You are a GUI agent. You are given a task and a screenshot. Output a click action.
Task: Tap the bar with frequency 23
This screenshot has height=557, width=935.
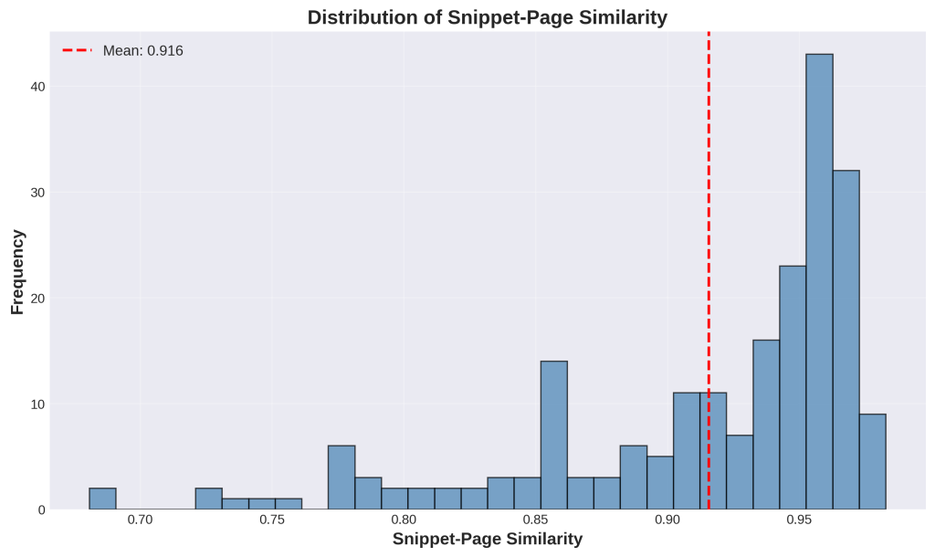[x=793, y=387]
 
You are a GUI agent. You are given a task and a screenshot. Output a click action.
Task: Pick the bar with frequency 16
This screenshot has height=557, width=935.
[x=766, y=425]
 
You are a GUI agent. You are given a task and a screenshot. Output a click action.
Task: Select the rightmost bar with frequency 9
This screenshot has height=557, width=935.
[x=872, y=461]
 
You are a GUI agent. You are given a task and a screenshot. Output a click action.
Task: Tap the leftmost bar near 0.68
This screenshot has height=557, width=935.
[x=102, y=499]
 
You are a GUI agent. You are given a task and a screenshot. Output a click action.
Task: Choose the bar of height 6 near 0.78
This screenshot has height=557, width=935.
[x=341, y=478]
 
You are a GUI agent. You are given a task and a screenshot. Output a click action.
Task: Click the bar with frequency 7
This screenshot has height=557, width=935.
[x=740, y=472]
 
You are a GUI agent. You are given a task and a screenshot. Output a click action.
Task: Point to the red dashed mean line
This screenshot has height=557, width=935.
[x=709, y=228]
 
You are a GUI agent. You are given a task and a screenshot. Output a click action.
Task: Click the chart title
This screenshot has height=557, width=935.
[x=487, y=17]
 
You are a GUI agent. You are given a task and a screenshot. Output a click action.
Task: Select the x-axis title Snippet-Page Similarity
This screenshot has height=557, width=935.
[x=487, y=539]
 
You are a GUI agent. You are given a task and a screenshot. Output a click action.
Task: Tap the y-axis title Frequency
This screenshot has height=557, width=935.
[x=17, y=271]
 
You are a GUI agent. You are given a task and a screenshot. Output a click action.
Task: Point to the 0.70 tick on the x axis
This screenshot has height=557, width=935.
[x=141, y=520]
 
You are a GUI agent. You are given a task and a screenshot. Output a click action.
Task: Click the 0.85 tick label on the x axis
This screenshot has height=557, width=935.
[x=536, y=520]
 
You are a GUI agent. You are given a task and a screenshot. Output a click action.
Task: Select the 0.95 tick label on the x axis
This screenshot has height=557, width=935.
[x=800, y=520]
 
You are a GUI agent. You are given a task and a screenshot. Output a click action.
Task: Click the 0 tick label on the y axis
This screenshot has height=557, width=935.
[x=40, y=510]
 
